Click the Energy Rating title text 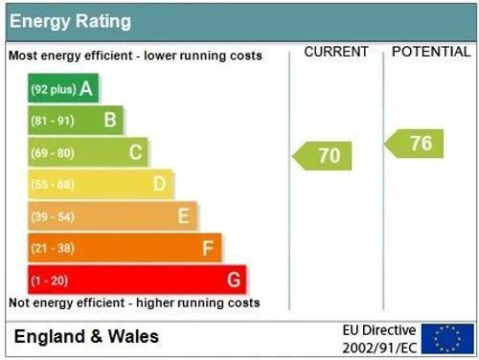click(x=70, y=22)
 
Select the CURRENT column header click(x=336, y=52)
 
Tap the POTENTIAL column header click(x=431, y=52)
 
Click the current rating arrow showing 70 click(x=322, y=156)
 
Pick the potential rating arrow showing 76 click(x=414, y=144)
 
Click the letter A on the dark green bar click(x=86, y=88)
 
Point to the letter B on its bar click(x=110, y=121)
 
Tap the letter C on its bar click(x=136, y=152)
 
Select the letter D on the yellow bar click(x=160, y=184)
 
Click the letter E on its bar click(x=184, y=215)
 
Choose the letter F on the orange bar click(x=208, y=248)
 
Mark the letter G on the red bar click(x=234, y=280)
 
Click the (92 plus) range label click(x=54, y=89)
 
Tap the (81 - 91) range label click(x=53, y=121)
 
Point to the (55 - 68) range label click(x=53, y=185)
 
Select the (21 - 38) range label click(x=53, y=248)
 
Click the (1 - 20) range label click(x=50, y=281)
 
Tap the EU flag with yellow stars click(x=447, y=339)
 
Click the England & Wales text click(x=86, y=337)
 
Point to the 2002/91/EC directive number click(x=379, y=348)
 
